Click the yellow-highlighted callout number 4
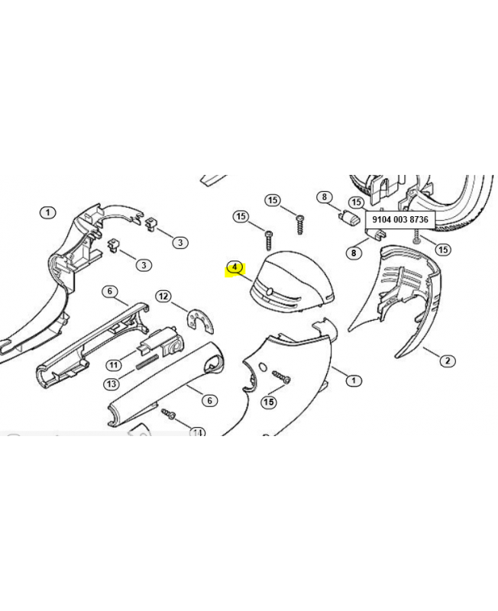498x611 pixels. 234,268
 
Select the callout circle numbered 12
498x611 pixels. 163,296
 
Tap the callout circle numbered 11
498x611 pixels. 113,365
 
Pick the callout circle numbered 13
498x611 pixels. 112,384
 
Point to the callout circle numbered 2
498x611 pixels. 448,360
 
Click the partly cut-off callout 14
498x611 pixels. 198,432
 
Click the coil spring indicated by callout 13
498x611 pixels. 147,362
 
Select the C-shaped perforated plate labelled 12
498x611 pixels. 200,320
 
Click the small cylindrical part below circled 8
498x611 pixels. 349,218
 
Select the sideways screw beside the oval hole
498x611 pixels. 282,377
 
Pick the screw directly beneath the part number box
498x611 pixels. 416,236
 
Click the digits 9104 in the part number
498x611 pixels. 380,219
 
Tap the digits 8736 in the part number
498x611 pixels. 419,219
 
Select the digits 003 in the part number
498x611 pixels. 399,219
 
